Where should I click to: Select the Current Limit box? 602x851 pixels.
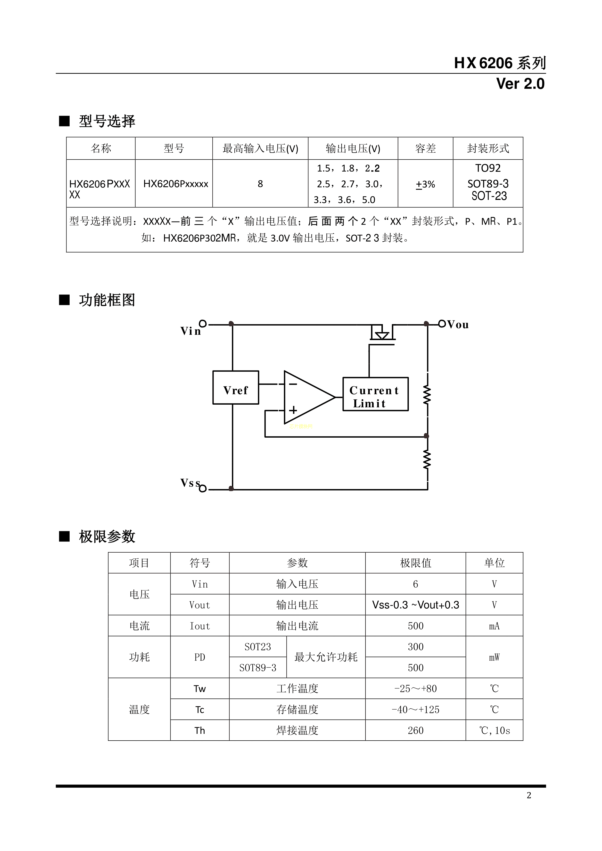click(375, 394)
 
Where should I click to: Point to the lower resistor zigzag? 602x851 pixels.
click(427, 460)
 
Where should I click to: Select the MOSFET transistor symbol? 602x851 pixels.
click(382, 334)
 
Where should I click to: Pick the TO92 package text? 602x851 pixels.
click(488, 168)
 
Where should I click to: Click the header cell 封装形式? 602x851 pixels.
click(488, 149)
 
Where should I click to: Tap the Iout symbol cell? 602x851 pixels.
click(199, 626)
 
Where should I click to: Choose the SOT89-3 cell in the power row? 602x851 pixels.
click(258, 668)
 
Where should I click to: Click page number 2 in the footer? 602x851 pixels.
click(529, 795)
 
